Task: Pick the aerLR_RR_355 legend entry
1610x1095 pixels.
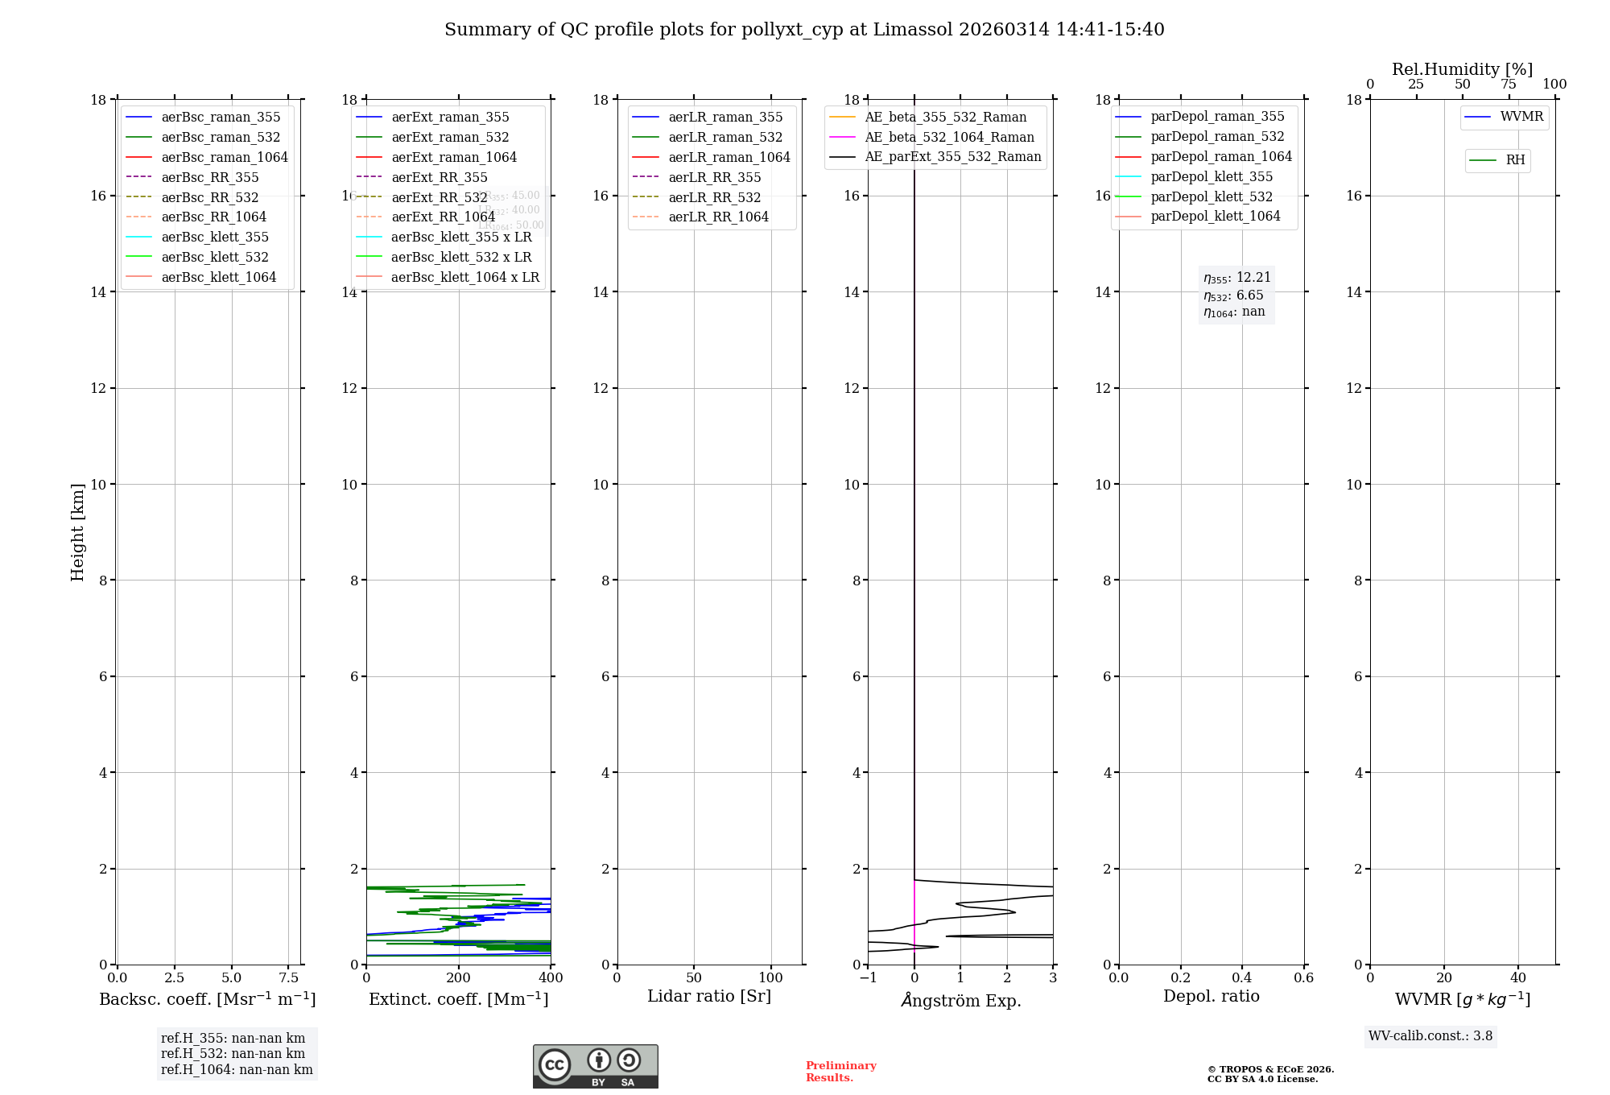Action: click(714, 177)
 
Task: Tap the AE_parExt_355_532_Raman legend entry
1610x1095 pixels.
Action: click(952, 156)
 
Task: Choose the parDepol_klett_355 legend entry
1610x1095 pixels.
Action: click(1212, 176)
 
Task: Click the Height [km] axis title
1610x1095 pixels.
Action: click(77, 531)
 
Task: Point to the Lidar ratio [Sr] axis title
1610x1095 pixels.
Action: click(709, 996)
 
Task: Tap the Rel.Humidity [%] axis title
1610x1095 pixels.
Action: click(1462, 69)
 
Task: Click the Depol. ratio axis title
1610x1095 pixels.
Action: click(1211, 996)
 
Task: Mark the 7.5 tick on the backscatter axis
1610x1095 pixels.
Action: click(289, 977)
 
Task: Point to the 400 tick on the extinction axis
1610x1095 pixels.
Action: click(551, 977)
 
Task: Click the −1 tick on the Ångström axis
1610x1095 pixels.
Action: click(868, 977)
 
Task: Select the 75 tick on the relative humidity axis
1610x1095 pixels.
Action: click(1509, 85)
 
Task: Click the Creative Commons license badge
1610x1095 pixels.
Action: click(595, 1066)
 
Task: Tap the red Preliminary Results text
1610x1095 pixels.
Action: click(840, 1071)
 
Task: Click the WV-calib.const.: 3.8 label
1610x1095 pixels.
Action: click(1430, 1036)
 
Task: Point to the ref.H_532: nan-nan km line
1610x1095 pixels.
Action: click(233, 1053)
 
